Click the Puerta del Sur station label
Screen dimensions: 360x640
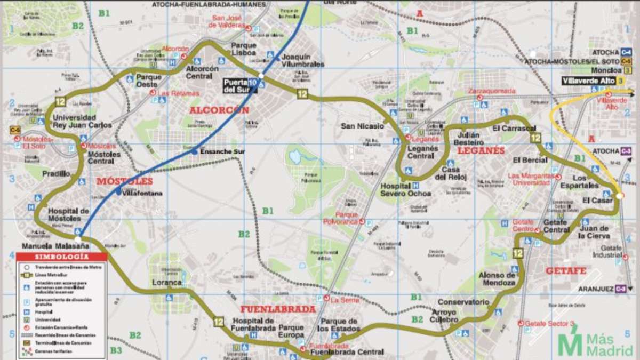click(235, 85)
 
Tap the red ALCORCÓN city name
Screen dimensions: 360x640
click(219, 110)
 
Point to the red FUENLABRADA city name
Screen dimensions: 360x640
click(278, 309)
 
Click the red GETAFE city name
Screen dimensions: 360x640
click(565, 271)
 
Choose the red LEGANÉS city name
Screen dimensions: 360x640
click(481, 150)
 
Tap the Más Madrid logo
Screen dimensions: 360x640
click(596, 344)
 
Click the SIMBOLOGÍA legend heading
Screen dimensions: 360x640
click(61, 257)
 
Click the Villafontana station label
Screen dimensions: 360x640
click(142, 194)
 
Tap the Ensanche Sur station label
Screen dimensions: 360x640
click(222, 152)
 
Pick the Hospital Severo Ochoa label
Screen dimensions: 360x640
click(405, 190)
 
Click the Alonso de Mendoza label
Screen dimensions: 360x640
click(497, 279)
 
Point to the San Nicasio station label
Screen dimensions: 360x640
click(362, 126)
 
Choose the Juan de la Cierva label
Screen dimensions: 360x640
click(597, 232)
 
